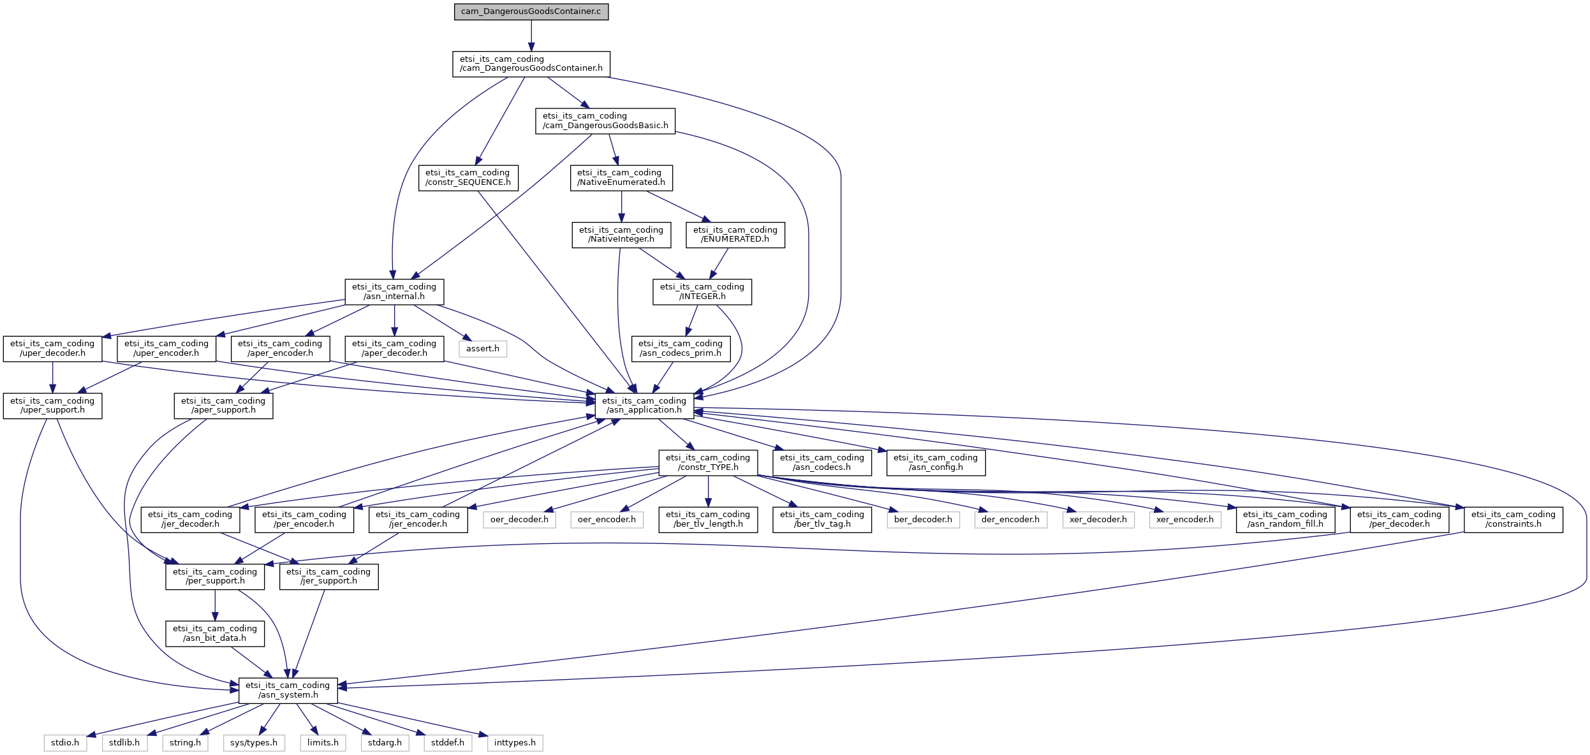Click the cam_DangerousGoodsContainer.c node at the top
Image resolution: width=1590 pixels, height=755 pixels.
tap(531, 11)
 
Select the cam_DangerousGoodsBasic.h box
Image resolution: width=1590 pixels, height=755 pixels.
tap(605, 121)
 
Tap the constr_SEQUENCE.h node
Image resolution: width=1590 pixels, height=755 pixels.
tap(468, 177)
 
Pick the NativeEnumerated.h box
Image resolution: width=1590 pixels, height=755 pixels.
tap(621, 177)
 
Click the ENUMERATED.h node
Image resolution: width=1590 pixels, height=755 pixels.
tap(735, 235)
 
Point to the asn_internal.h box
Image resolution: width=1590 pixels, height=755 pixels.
tap(394, 291)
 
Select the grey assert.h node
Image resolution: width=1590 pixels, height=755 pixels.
tap(482, 349)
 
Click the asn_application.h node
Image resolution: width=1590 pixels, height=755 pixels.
tap(644, 406)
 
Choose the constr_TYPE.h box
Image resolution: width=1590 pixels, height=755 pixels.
tap(707, 462)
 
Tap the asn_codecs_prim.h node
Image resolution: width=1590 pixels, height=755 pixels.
tap(680, 348)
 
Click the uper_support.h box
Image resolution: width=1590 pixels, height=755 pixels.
tap(52, 406)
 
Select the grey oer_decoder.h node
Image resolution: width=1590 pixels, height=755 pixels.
tap(519, 520)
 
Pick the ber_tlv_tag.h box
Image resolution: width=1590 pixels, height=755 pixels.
tap(821, 519)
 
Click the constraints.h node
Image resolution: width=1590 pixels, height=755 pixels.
tap(1513, 519)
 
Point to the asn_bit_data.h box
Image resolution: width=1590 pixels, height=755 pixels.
tap(214, 633)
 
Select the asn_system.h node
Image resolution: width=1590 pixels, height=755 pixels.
tap(288, 690)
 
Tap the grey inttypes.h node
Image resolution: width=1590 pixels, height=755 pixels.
tap(515, 743)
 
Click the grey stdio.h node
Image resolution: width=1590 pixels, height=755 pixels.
tap(65, 743)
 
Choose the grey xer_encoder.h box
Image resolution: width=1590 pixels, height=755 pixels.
tap(1185, 520)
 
